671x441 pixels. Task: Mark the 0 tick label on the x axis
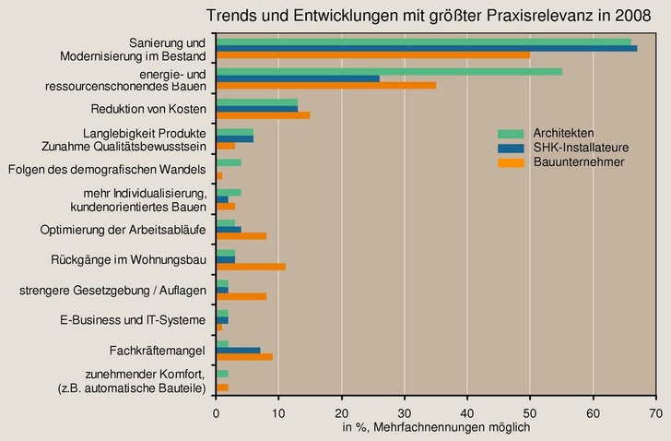[x=217, y=414]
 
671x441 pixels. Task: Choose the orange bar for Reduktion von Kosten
[x=263, y=115]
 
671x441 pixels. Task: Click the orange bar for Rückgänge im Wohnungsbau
[x=251, y=267]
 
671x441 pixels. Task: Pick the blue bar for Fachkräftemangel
[x=239, y=351]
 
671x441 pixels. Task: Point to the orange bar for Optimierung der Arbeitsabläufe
[x=241, y=236]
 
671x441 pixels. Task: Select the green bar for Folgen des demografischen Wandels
[x=229, y=162]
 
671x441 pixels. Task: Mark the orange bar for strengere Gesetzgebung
[x=241, y=297]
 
